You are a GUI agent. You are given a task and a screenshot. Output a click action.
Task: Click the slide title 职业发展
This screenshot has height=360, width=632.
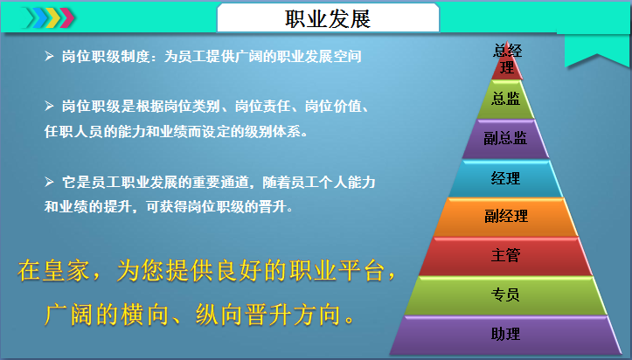pyautogui.click(x=327, y=19)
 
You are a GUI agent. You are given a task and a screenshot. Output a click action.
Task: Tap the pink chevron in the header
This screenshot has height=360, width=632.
pyautogui.click(x=67, y=17)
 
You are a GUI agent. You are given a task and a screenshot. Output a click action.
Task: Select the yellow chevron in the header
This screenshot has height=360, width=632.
pyautogui.click(x=53, y=17)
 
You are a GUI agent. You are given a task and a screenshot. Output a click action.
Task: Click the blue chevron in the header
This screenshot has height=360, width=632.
pyautogui.click(x=39, y=17)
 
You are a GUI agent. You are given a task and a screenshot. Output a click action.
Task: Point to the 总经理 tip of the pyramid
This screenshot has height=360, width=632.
pyautogui.click(x=507, y=60)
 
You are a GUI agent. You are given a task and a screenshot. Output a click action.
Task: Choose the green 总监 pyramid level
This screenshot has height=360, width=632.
pyautogui.click(x=505, y=99)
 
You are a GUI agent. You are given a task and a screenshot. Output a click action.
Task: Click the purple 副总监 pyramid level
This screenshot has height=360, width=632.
pyautogui.click(x=505, y=138)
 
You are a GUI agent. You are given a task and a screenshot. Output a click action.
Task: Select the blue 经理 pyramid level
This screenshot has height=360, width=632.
pyautogui.click(x=505, y=178)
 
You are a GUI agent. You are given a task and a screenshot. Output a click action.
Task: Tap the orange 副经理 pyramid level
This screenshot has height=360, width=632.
pyautogui.click(x=506, y=216)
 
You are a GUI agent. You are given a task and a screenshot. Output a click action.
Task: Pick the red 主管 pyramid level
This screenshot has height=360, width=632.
pyautogui.click(x=505, y=255)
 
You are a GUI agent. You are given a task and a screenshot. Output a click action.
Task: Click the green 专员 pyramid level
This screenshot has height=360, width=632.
pyautogui.click(x=505, y=294)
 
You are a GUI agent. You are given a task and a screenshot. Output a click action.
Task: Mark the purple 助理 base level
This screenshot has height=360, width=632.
pyautogui.click(x=505, y=335)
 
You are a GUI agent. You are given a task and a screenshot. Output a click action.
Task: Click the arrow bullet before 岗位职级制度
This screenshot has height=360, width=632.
pyautogui.click(x=49, y=56)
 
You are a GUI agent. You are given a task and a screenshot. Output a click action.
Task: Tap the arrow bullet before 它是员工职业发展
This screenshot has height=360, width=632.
pyautogui.click(x=49, y=182)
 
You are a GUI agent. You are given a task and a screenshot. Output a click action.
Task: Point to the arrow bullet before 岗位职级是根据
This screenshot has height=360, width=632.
pyautogui.click(x=49, y=106)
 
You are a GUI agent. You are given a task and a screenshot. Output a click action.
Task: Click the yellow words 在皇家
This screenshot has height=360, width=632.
pyautogui.click(x=53, y=270)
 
